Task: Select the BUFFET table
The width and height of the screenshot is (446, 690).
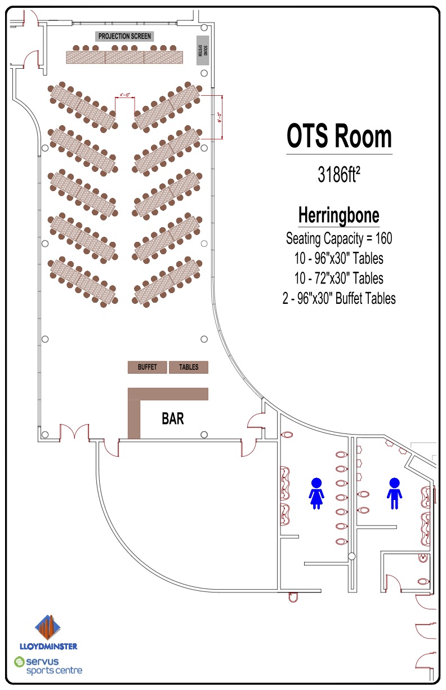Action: [x=148, y=367]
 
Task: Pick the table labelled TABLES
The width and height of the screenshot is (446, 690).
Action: [x=189, y=367]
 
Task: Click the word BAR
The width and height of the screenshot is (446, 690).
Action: [x=173, y=419]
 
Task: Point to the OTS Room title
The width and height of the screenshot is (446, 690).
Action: [x=339, y=136]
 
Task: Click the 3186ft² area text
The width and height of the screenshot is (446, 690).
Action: [x=339, y=175]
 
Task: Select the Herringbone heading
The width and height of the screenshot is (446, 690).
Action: [x=338, y=215]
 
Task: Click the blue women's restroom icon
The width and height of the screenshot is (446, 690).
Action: [x=316, y=493]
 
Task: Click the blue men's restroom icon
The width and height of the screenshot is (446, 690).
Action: [x=394, y=493]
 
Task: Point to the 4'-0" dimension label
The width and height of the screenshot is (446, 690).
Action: [x=125, y=95]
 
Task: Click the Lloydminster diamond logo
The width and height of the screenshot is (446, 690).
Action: [x=47, y=627]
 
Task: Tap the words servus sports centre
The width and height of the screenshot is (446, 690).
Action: [x=54, y=666]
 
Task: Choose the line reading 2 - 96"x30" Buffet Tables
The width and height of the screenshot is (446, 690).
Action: [x=339, y=298]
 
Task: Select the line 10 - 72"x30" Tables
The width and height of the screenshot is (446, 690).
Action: [x=339, y=278]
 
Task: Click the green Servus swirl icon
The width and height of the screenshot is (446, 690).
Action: [x=20, y=662]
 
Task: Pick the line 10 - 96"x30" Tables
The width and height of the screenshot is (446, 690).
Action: [x=339, y=258]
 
